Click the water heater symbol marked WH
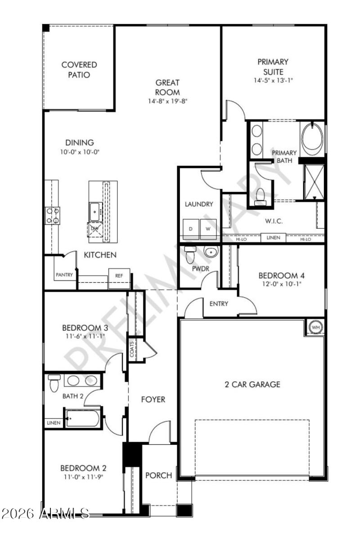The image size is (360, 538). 315,327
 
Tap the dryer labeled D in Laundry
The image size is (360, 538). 190,229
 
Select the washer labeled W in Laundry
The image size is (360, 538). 208,229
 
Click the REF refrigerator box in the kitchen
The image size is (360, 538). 119,276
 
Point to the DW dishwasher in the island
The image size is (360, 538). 95,229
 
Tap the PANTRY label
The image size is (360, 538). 64,275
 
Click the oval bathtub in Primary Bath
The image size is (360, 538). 312,138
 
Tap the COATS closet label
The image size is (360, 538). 132,349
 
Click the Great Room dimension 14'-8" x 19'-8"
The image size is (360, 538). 167,101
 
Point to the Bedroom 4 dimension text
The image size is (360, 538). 278,284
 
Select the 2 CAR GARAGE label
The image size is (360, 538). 252,384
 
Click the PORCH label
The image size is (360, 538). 159,475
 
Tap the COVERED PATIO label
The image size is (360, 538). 79,70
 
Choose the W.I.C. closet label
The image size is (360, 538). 273,221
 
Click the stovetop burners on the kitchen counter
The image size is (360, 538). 52,215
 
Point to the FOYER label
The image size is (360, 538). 153,399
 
